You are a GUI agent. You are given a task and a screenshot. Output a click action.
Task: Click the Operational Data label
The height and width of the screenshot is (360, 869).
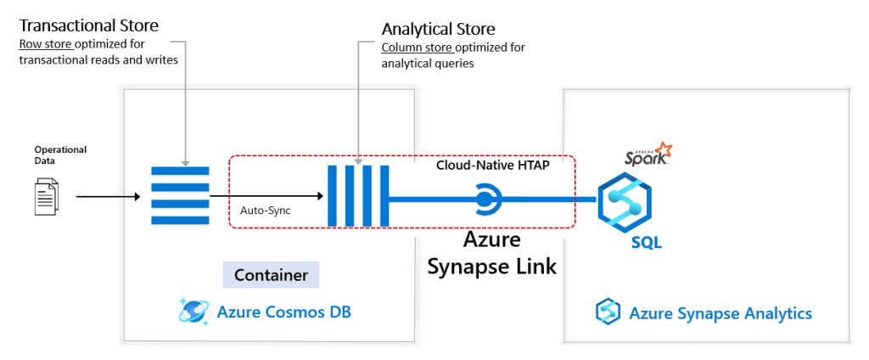(x=60, y=155)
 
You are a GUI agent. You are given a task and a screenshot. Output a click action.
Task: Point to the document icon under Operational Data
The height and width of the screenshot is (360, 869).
(x=47, y=196)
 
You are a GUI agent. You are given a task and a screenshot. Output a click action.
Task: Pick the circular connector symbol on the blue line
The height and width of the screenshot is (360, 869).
(x=485, y=200)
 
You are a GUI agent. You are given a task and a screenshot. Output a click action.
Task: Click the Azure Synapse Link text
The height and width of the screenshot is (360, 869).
(x=491, y=253)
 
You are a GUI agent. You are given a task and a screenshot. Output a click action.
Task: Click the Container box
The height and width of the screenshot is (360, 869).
(x=272, y=275)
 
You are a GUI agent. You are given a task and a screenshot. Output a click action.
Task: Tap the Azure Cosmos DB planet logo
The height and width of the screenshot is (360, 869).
(x=193, y=312)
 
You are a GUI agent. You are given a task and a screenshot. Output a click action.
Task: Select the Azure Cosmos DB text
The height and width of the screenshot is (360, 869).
(x=284, y=312)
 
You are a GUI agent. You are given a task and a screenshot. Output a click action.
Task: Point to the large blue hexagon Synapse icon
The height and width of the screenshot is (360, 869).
(x=625, y=200)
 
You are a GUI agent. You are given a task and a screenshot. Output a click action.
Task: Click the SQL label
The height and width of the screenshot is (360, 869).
(x=646, y=244)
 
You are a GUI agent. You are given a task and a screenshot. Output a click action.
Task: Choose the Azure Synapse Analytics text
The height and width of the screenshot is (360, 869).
(x=720, y=313)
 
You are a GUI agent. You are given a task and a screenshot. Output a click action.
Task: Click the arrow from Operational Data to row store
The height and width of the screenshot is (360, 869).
(x=108, y=197)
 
